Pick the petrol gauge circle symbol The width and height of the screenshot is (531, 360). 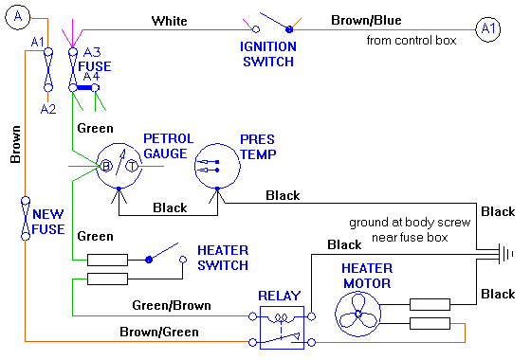119,164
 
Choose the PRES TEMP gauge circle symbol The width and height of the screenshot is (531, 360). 217,166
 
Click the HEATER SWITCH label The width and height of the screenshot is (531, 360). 224,257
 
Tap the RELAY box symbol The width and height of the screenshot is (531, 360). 283,323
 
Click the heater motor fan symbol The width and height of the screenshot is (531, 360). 360,311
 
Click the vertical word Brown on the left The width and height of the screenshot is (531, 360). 16,148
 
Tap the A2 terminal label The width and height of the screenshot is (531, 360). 48,108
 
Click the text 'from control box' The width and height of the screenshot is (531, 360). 412,40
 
